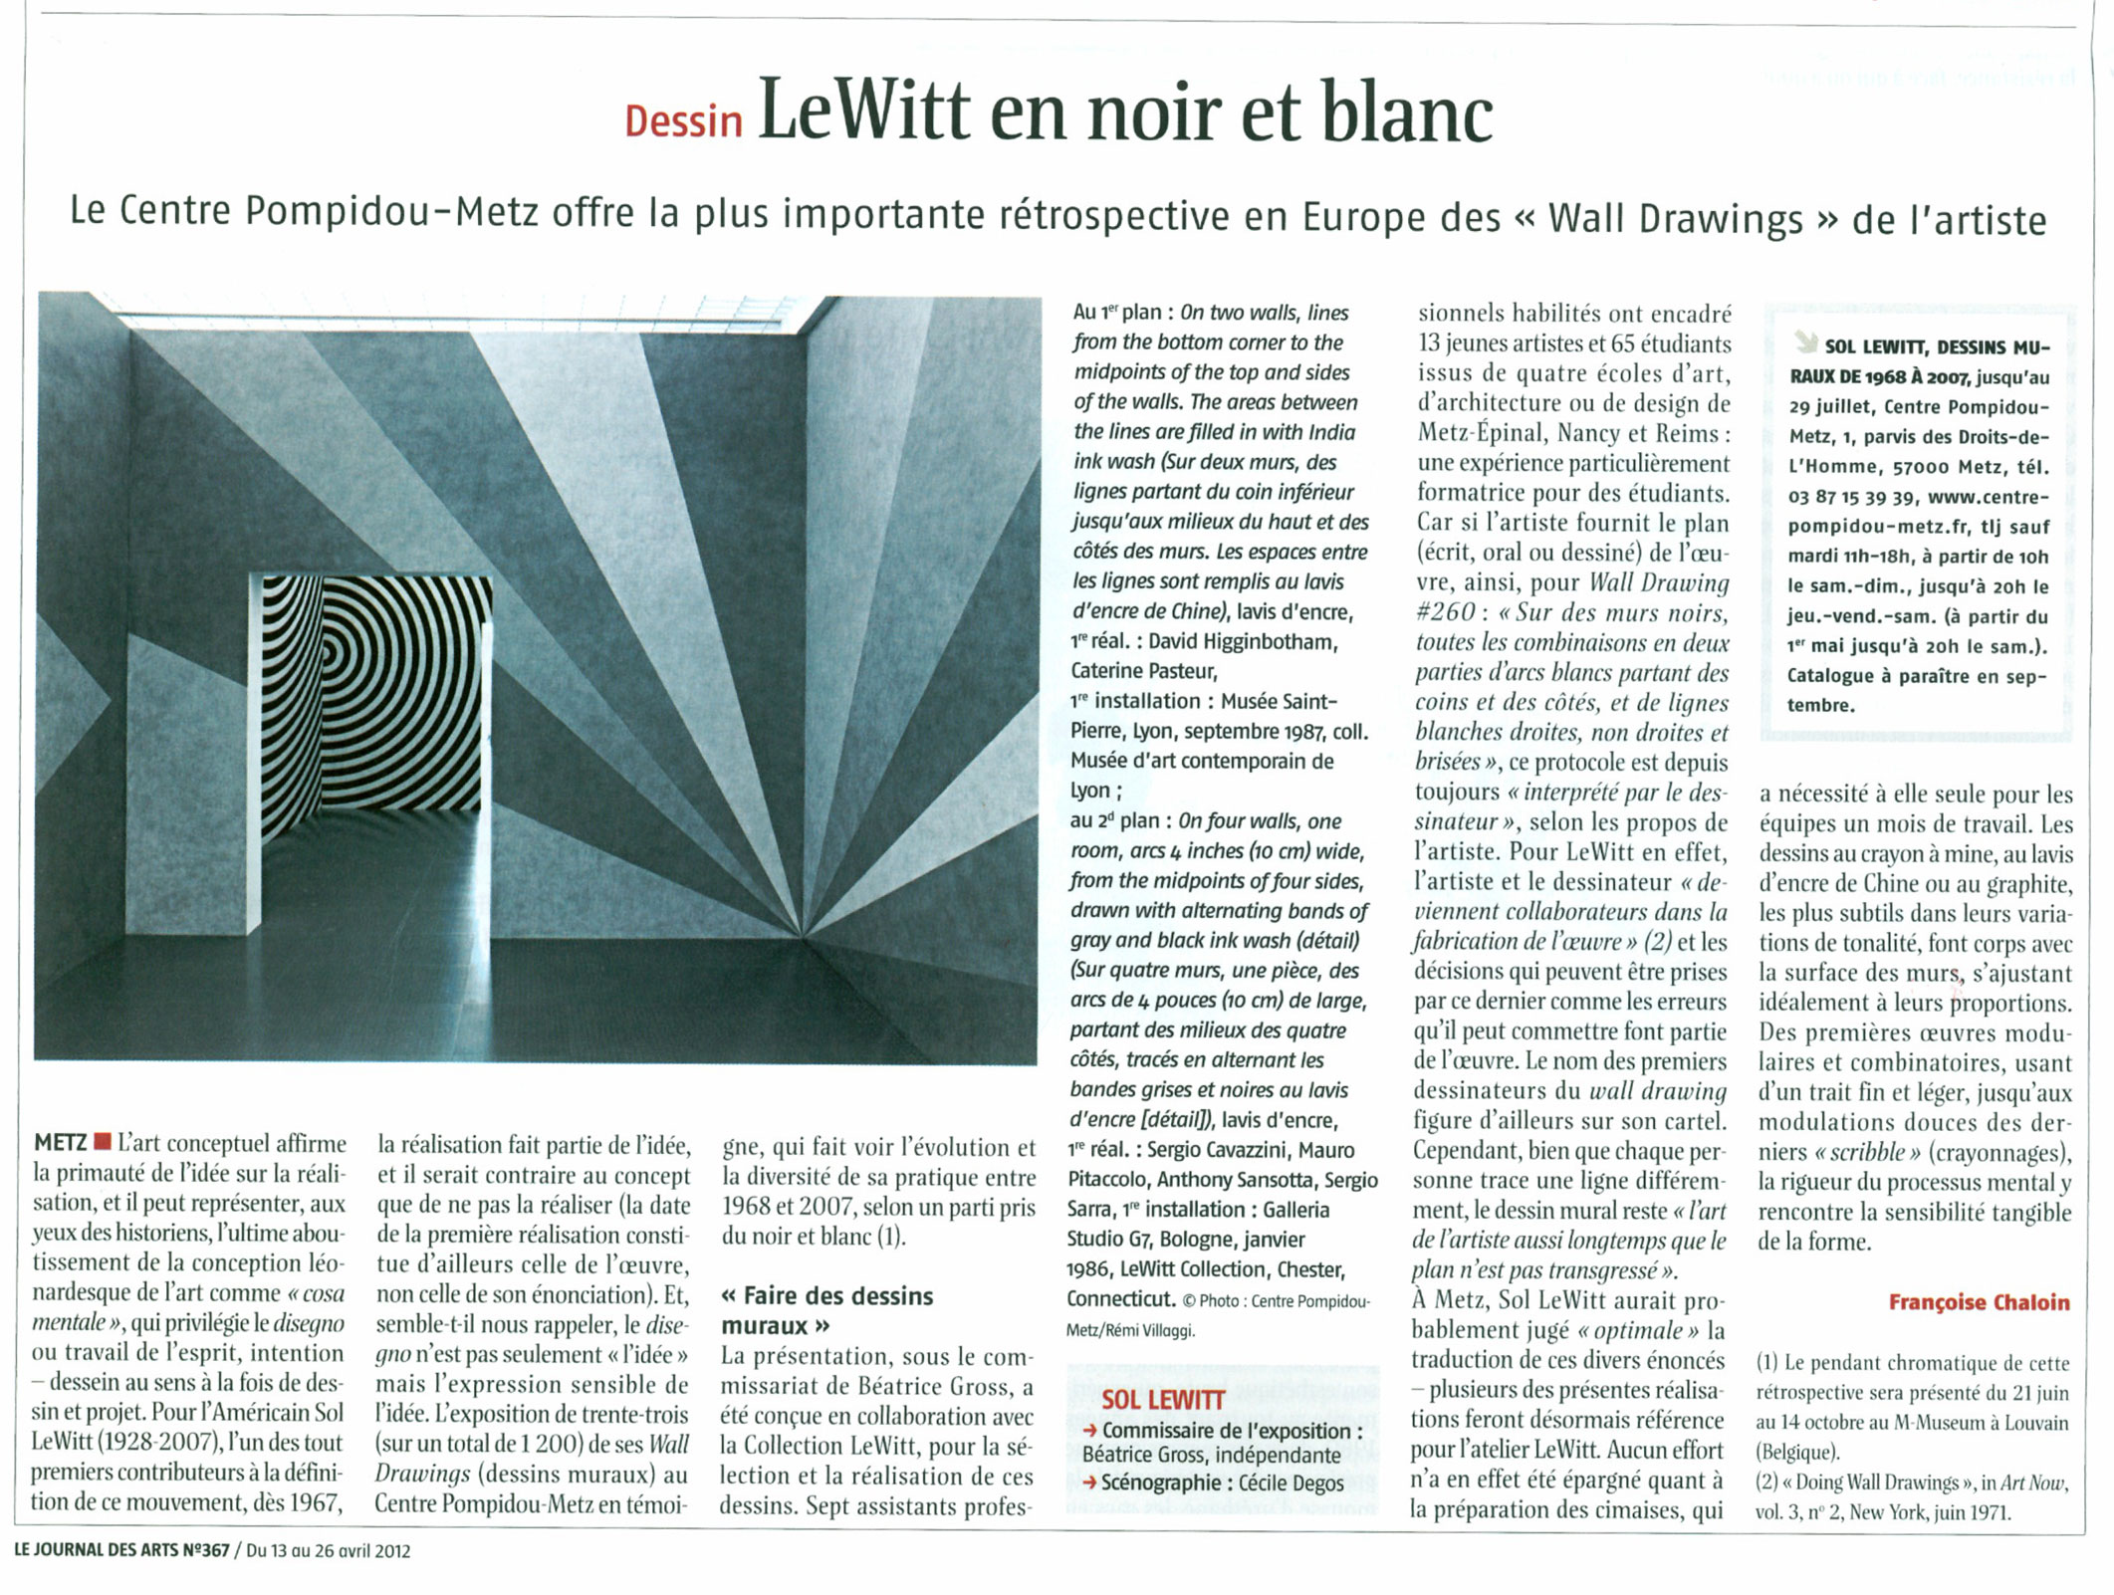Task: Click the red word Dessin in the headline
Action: click(683, 121)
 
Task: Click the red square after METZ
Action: click(101, 1142)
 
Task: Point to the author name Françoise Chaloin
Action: click(1979, 1302)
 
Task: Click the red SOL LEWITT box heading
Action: click(1162, 1400)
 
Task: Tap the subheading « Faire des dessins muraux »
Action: click(826, 1310)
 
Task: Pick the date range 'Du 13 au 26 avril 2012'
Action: click(328, 1551)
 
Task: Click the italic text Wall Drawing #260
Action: click(1573, 597)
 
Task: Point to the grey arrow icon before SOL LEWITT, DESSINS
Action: click(1804, 344)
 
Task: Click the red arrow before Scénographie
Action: click(1090, 1482)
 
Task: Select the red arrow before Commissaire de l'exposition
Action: click(1090, 1432)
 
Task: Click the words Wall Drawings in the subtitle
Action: click(1675, 219)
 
